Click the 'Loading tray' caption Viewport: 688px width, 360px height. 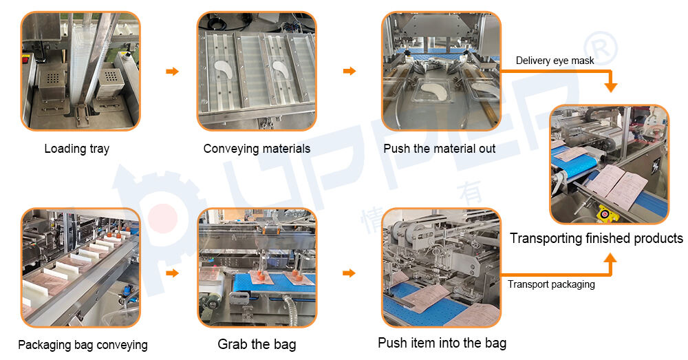[x=77, y=149]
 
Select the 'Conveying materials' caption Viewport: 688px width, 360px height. [x=257, y=149]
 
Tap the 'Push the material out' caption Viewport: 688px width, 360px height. [x=439, y=149]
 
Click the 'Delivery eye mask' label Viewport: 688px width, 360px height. [x=555, y=61]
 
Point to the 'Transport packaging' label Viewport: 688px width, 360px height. [x=551, y=284]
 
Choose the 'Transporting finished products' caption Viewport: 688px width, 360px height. [x=596, y=238]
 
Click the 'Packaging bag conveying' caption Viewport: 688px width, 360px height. [x=83, y=345]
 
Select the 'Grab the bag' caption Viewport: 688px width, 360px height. [x=257, y=344]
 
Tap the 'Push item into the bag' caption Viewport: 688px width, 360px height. [x=442, y=343]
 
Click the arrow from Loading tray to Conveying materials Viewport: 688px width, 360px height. [x=173, y=71]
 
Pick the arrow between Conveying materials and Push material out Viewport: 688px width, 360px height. [x=350, y=71]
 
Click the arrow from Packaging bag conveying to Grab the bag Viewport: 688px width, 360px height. [x=173, y=273]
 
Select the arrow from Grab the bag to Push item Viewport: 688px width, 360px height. [x=350, y=273]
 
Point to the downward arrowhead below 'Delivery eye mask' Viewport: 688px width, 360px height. [x=610, y=87]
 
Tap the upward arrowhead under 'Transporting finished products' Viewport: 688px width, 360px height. [x=610, y=259]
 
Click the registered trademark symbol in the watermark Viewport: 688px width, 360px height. [x=600, y=49]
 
